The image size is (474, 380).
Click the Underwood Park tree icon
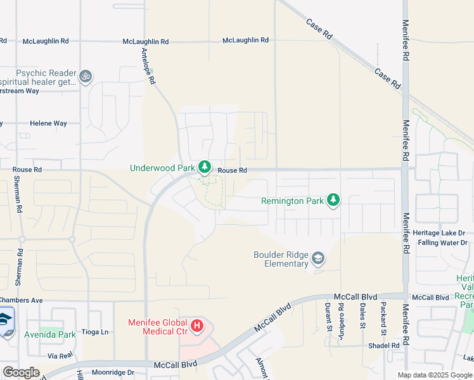coord(204,167)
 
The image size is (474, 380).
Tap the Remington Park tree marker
coord(333,201)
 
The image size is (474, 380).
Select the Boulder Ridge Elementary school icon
coord(318,258)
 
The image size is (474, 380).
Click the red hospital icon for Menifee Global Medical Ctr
coord(197,326)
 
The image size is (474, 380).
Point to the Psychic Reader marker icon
coord(86,77)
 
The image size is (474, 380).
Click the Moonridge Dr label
coord(113,372)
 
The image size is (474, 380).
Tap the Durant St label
coord(328,317)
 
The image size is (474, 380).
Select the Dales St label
coord(362,316)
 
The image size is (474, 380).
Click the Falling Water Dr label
coord(442,243)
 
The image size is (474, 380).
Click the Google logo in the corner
coord(21,372)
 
